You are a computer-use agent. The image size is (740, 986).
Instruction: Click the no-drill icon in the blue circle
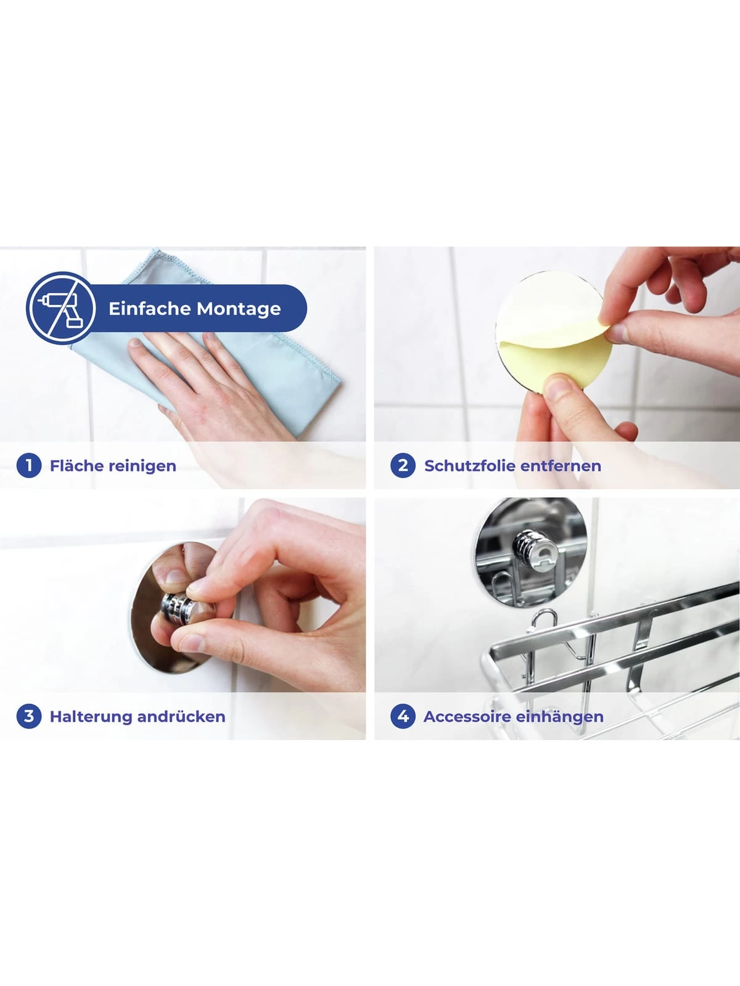pyautogui.click(x=60, y=308)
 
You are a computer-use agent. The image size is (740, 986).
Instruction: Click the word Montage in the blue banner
pyautogui.click(x=239, y=309)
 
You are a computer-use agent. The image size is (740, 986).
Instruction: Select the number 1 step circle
pyautogui.click(x=29, y=465)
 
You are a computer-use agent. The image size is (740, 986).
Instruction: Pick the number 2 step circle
pyautogui.click(x=403, y=465)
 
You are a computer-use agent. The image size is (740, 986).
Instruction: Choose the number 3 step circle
pyautogui.click(x=29, y=716)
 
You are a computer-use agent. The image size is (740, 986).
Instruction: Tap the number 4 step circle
pyautogui.click(x=403, y=716)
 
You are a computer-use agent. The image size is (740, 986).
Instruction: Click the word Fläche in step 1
pyautogui.click(x=76, y=465)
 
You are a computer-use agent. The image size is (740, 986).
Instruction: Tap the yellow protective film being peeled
pyautogui.click(x=556, y=355)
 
